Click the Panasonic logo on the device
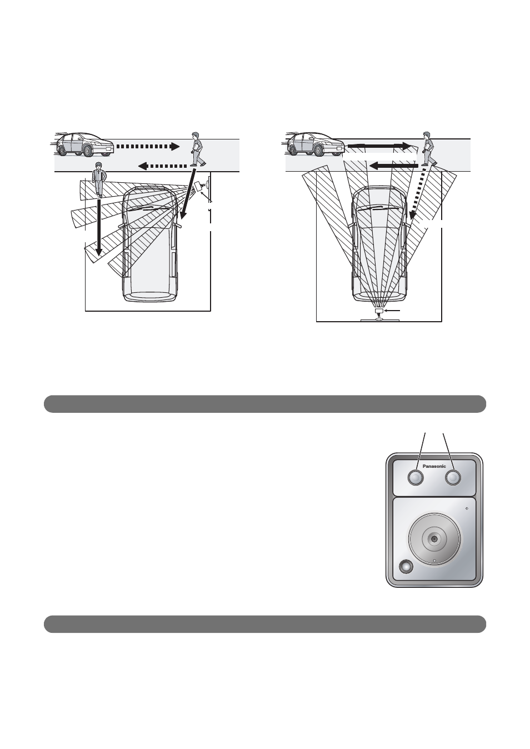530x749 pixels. click(x=434, y=466)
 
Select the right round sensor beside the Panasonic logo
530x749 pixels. click(x=453, y=477)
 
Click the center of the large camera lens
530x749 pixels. click(x=434, y=539)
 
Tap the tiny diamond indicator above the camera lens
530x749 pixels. click(x=467, y=510)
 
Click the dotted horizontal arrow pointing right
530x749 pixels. click(x=148, y=147)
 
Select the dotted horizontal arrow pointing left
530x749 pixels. click(x=163, y=166)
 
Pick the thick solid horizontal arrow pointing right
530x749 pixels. click(x=379, y=146)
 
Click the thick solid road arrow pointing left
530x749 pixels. click(x=393, y=165)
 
